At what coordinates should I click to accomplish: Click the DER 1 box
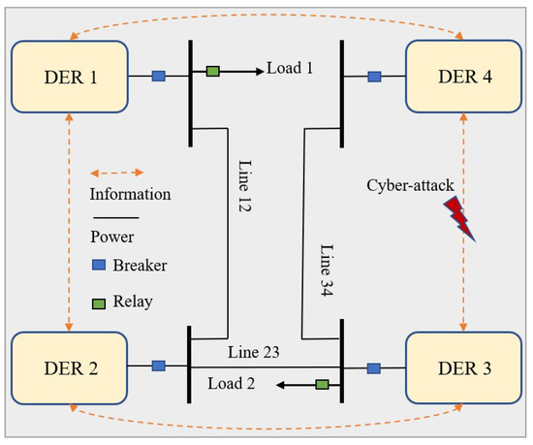tap(69, 76)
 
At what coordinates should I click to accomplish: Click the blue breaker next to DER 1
tap(159, 76)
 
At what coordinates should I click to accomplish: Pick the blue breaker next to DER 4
tap(374, 76)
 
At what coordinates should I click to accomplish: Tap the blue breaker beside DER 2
tap(159, 366)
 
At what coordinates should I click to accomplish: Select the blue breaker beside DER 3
tap(374, 367)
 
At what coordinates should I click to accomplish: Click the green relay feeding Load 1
tap(212, 71)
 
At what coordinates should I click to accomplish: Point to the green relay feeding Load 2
tap(321, 385)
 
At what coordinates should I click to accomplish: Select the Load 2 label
tap(234, 383)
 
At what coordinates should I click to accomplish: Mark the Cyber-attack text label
tap(410, 184)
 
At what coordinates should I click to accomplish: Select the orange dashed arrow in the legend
tap(115, 170)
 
